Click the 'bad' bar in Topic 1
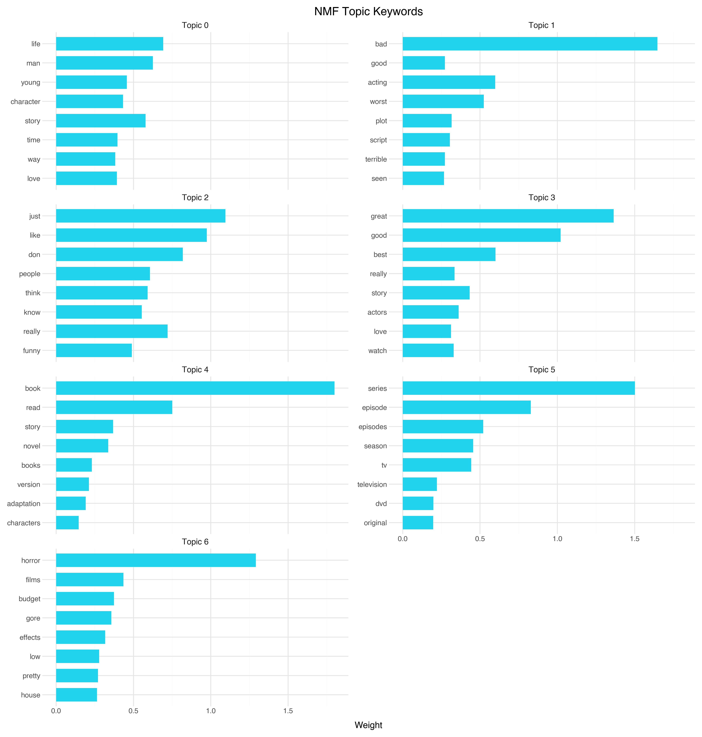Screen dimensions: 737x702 click(529, 44)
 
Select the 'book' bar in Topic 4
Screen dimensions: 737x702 click(195, 388)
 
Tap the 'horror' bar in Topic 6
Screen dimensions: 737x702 click(156, 560)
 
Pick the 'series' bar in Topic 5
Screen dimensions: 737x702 click(518, 388)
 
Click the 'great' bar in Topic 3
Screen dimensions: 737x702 click(508, 216)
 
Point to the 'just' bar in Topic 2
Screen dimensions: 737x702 click(140, 216)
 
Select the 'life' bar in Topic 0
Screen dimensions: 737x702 click(109, 44)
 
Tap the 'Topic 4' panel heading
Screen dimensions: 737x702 click(195, 370)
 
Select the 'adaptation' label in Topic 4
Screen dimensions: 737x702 click(24, 504)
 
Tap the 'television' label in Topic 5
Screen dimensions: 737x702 click(372, 484)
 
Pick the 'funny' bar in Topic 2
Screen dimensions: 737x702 click(94, 351)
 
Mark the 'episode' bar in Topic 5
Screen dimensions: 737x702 click(466, 407)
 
